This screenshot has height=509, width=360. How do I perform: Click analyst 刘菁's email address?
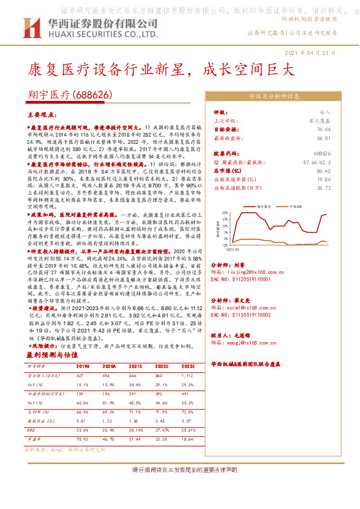248,273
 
